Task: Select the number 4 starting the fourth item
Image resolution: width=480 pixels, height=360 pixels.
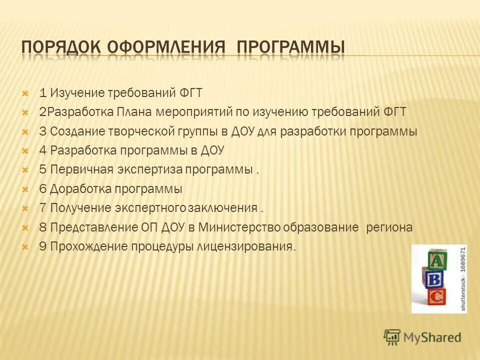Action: click(42, 150)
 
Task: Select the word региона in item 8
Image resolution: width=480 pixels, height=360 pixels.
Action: click(390, 227)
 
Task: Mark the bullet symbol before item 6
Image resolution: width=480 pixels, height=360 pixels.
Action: click(25, 189)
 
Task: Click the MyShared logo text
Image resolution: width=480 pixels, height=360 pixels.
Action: click(431, 337)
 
